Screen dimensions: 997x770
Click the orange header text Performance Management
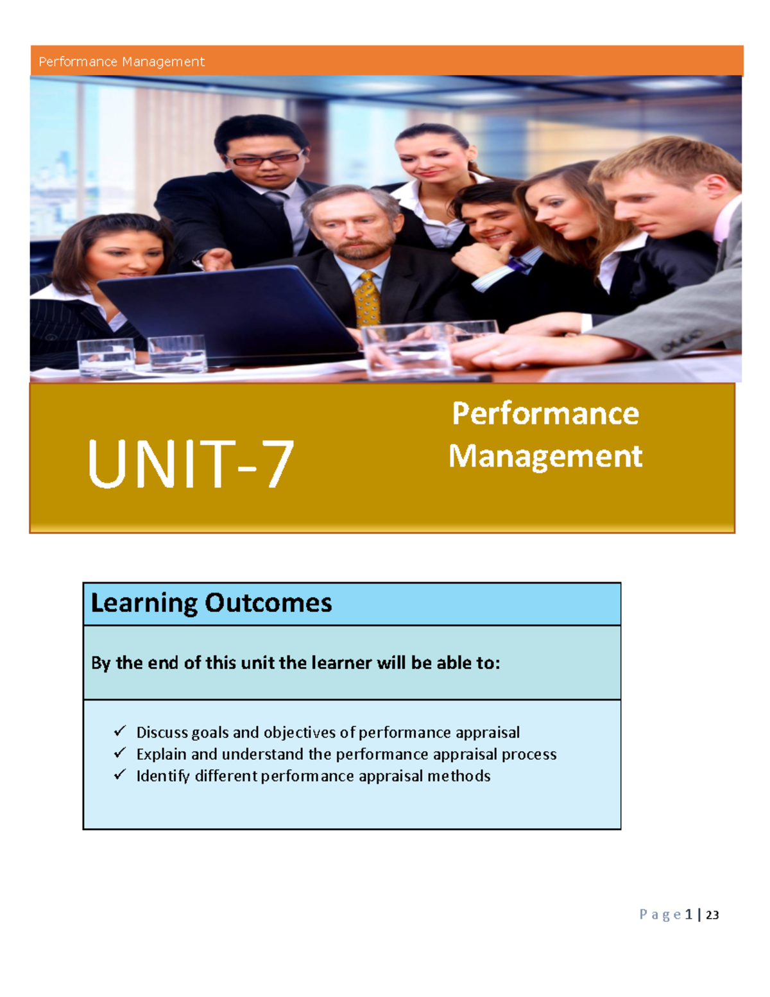click(x=121, y=62)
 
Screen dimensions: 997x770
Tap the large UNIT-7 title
click(x=191, y=464)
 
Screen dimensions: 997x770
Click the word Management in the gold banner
click(x=545, y=456)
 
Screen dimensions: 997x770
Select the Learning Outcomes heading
click(x=211, y=603)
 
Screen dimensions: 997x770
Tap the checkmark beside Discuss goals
click(x=119, y=731)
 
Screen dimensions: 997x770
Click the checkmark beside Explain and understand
click(x=119, y=753)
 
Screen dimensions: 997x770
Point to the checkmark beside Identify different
click(x=119, y=775)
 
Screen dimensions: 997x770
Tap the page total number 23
click(x=712, y=915)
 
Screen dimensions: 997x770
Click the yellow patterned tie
click(x=368, y=299)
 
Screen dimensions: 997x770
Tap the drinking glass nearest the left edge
click(x=106, y=356)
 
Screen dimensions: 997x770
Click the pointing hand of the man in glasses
click(x=217, y=259)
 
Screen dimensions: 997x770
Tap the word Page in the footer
click(x=660, y=915)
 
